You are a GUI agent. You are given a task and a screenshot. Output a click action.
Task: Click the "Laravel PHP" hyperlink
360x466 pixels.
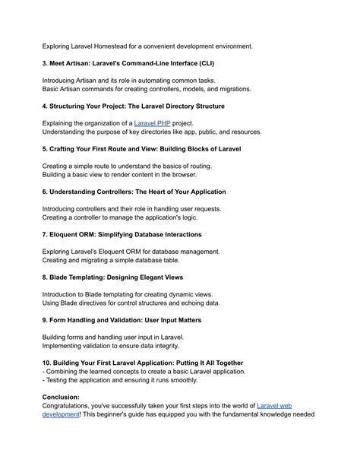click(x=152, y=122)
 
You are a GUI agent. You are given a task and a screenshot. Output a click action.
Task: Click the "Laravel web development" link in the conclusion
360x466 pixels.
click(x=274, y=407)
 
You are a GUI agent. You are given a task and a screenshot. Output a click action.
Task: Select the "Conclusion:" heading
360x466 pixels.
click(x=71, y=397)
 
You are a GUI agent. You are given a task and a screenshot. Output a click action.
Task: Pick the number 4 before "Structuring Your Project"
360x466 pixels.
click(x=45, y=106)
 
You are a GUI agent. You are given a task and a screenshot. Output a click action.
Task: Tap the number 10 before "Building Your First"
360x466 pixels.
click(x=47, y=363)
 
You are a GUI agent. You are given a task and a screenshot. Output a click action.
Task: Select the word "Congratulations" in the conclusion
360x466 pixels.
click(x=74, y=407)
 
